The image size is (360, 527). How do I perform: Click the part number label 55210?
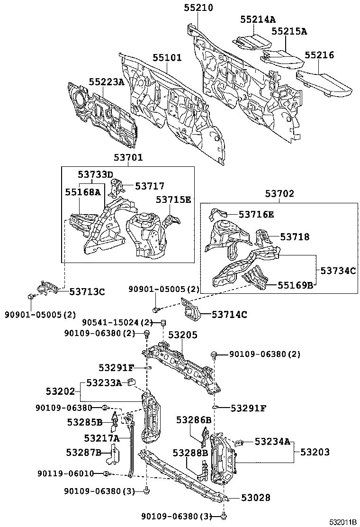(x=198, y=8)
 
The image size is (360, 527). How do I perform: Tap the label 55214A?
(x=258, y=19)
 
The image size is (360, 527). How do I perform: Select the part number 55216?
(x=319, y=55)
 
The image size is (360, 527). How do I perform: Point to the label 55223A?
(x=107, y=82)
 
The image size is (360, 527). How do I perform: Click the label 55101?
(x=167, y=57)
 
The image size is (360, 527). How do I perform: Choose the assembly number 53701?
(x=128, y=157)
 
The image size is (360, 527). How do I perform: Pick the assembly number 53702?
(x=279, y=193)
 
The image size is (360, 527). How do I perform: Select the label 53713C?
(x=87, y=291)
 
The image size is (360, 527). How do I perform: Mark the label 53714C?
(x=230, y=314)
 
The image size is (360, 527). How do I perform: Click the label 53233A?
(x=104, y=382)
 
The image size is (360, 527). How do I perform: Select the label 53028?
(x=255, y=498)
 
